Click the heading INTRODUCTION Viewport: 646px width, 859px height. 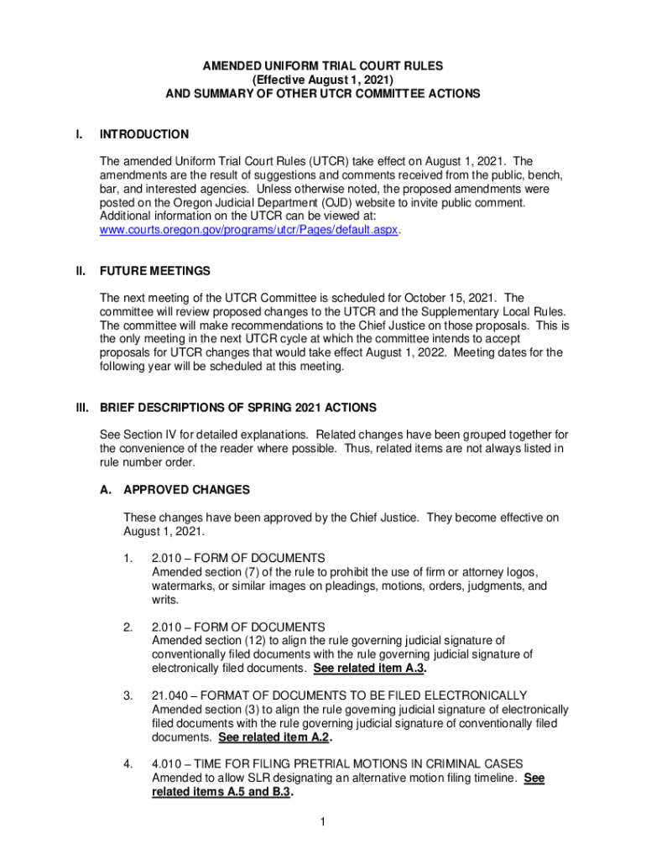[143, 134]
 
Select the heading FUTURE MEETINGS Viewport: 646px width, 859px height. [155, 271]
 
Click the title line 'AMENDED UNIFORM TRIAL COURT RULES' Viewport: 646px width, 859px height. [323, 65]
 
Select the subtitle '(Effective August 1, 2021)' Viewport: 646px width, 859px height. [323, 80]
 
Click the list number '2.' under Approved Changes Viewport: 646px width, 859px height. [128, 627]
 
